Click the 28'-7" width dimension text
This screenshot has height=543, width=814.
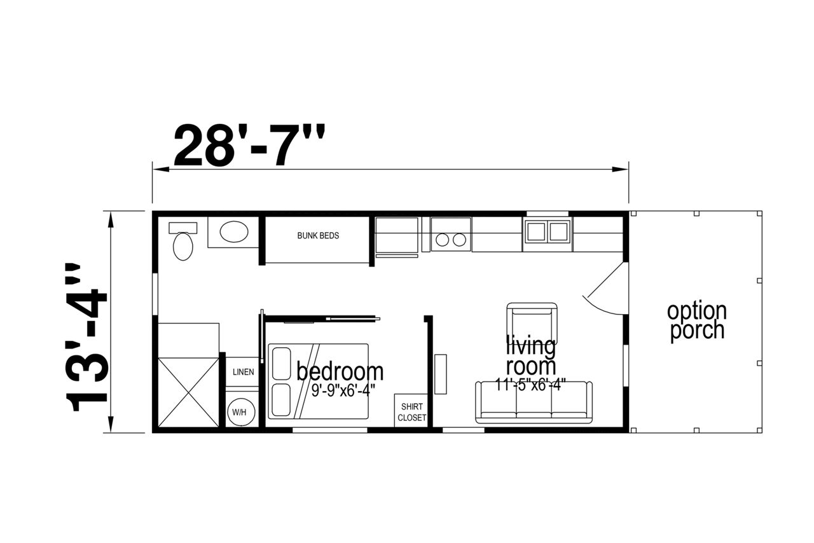click(x=249, y=145)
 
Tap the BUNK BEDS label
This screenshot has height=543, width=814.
click(x=318, y=235)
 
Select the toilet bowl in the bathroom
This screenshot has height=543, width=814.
click(x=183, y=247)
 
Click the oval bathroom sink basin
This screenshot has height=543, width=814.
click(x=234, y=232)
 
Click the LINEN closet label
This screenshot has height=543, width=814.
click(x=243, y=372)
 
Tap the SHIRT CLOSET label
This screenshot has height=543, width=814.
click(x=411, y=412)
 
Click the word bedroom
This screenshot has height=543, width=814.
click(x=340, y=371)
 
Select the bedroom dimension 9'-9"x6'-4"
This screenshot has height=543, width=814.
click(x=343, y=390)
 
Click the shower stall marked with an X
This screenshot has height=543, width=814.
click(x=189, y=392)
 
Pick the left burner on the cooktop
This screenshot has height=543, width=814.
click(x=442, y=240)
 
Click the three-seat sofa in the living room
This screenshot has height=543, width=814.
click(x=534, y=402)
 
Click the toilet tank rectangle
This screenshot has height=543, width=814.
click(x=183, y=228)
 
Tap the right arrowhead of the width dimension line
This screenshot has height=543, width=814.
click(x=620, y=169)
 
